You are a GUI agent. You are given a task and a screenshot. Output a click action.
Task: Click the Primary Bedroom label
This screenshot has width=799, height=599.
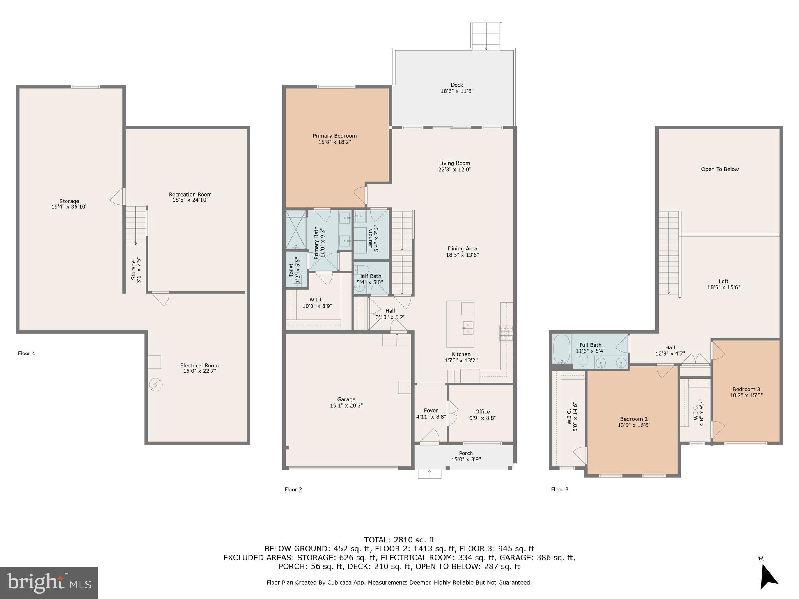(334, 136)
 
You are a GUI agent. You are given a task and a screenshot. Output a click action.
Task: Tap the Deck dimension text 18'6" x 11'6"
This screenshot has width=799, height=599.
(457, 91)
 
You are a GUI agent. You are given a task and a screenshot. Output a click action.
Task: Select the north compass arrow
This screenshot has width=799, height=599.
(768, 579)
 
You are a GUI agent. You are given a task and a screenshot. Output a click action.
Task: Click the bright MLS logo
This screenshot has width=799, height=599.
(49, 583)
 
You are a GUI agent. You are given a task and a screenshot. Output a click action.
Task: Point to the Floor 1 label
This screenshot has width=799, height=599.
(27, 353)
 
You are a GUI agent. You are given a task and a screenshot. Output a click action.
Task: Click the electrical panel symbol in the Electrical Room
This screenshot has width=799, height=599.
(156, 385)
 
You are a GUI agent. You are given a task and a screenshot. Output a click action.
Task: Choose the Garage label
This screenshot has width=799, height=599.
(346, 399)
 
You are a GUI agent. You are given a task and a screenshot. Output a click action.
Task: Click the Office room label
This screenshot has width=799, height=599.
(483, 411)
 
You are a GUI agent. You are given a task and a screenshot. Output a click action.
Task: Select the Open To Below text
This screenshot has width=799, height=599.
(720, 169)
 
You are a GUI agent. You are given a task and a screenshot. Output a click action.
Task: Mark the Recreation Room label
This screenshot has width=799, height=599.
(190, 194)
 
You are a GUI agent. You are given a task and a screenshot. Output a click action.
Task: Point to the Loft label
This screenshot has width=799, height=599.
(724, 281)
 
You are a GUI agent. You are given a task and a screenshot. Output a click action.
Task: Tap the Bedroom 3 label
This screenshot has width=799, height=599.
(746, 389)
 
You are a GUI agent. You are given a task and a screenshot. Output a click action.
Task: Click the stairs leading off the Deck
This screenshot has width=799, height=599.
(486, 36)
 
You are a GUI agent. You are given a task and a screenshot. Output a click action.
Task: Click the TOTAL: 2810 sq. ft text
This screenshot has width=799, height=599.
(399, 540)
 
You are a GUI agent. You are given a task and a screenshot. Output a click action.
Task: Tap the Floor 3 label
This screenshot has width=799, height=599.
(559, 489)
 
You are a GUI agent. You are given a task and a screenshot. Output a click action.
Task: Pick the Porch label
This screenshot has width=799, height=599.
(466, 453)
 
